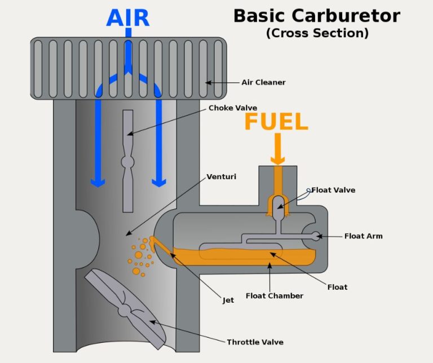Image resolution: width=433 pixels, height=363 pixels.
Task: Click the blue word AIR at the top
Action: (x=128, y=17)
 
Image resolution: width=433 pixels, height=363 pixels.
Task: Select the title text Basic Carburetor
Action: (x=316, y=15)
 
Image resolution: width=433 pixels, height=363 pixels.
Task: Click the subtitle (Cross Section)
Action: (x=317, y=33)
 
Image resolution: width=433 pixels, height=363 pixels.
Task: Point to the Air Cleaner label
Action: (x=263, y=82)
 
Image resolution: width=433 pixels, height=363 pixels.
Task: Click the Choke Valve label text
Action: (x=233, y=108)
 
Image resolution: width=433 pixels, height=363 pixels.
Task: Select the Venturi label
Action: (x=221, y=176)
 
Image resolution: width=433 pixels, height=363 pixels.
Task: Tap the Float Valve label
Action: (x=333, y=190)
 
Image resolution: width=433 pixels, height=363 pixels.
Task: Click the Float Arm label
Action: (x=363, y=236)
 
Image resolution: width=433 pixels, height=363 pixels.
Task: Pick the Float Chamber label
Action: (x=274, y=295)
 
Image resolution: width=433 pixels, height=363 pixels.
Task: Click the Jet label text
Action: (x=228, y=300)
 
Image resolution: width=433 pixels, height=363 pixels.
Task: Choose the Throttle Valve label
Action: (x=255, y=342)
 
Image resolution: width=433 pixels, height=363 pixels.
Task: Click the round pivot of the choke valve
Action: (x=128, y=162)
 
